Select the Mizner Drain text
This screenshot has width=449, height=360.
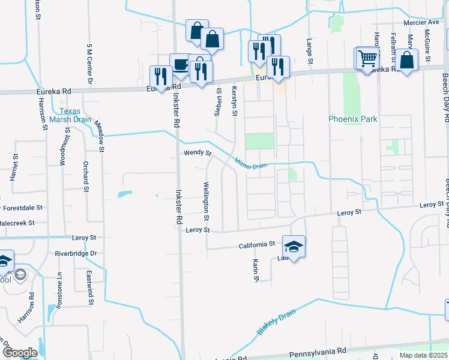[x=250, y=163]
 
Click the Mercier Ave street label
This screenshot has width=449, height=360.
[x=423, y=22]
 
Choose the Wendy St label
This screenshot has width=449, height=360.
[x=197, y=154]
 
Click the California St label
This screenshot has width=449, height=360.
[x=256, y=244]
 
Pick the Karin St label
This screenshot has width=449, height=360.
[x=256, y=271]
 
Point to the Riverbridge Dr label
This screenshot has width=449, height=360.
[x=76, y=253]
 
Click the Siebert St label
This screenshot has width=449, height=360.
[x=218, y=103]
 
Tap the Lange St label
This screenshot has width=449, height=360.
[x=310, y=52]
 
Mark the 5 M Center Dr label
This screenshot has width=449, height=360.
[x=89, y=63]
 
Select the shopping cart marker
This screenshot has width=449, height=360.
[x=367, y=58]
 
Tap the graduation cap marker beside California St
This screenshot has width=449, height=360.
[x=294, y=245]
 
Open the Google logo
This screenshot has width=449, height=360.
[x=20, y=353]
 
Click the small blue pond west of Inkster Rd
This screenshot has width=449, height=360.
[x=124, y=194]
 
